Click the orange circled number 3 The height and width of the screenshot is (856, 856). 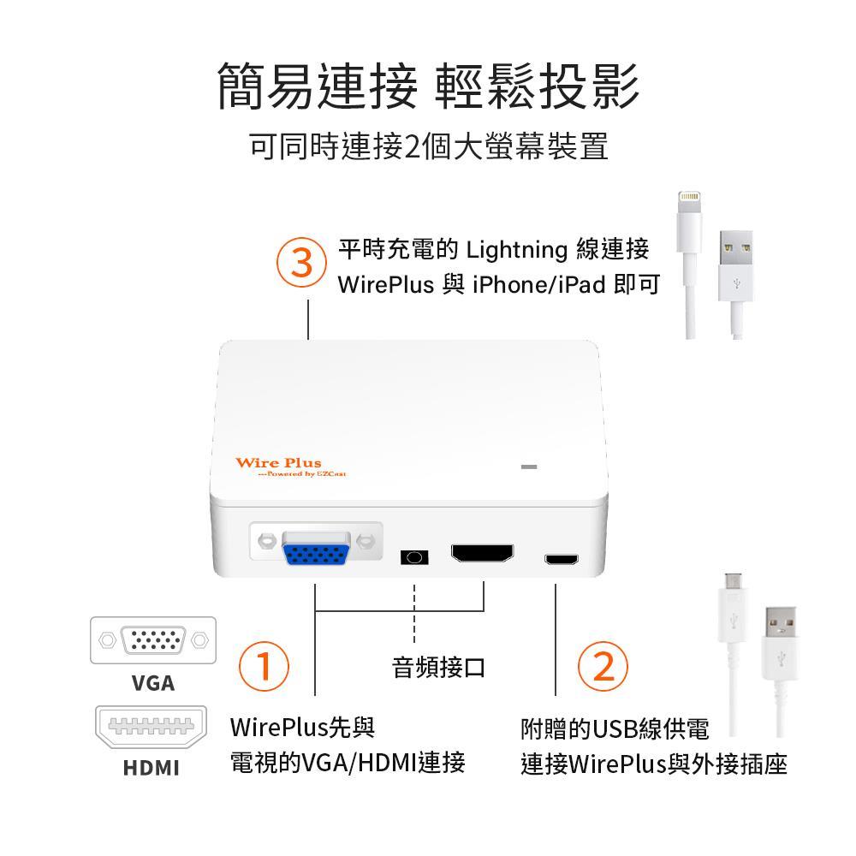pos(301,263)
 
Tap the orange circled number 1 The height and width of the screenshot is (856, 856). pos(265,666)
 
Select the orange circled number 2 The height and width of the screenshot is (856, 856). pos(603,666)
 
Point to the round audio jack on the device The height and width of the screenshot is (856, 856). pos(414,557)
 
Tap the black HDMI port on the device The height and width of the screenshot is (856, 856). pos(483,553)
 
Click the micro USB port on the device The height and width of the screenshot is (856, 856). pos(562,559)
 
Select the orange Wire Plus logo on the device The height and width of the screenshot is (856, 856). pos(290,467)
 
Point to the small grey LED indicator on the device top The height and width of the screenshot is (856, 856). pos(528,467)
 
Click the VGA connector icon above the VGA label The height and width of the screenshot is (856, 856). pos(153,639)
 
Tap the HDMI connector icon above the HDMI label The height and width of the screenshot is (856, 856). pos(152,727)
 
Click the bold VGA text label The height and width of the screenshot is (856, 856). pos(153,683)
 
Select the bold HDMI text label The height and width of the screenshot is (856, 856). pos(152,768)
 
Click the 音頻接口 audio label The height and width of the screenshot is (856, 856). pos(438,667)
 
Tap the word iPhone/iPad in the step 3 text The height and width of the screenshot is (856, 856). pos(539,284)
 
